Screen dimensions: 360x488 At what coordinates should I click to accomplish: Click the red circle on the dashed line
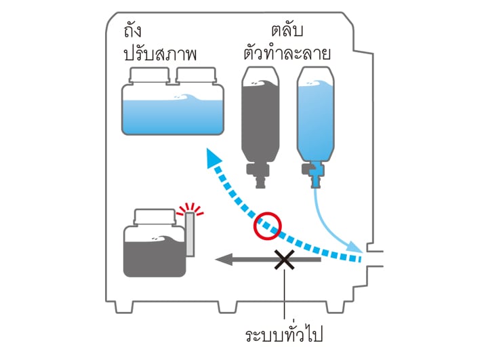267,225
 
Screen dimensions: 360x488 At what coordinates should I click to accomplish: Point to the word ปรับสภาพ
160,54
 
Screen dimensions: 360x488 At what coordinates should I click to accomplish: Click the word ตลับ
287,32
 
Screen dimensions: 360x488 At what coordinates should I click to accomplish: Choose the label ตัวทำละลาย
287,54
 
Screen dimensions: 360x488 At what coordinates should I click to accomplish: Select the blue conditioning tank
173,112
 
